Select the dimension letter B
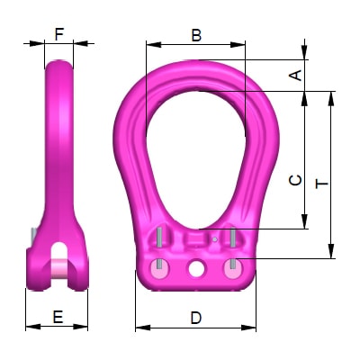pos(195,35)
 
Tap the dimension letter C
pos(294,180)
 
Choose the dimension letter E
pos(57,317)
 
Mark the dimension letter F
pos(59,35)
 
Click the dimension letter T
pos(321,183)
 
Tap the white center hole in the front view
pos(195,268)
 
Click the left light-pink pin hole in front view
pos(158,267)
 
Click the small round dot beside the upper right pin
pos(215,239)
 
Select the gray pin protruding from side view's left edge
pos(31,235)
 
